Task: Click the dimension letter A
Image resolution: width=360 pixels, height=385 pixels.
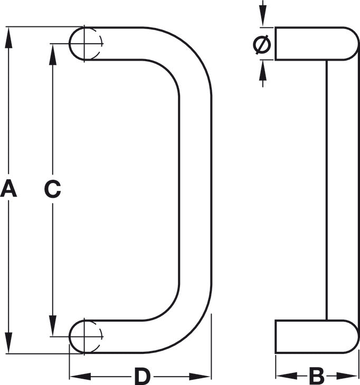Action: (8, 188)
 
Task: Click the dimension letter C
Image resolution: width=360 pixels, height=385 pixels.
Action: (53, 189)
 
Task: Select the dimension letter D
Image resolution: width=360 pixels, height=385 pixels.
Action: (143, 376)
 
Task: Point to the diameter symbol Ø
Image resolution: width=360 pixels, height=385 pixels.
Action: (262, 44)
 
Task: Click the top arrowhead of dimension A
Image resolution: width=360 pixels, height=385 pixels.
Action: (8, 37)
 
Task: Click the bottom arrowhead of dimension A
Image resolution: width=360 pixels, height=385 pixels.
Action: (8, 343)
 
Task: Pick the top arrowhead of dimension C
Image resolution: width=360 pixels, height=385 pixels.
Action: (53, 54)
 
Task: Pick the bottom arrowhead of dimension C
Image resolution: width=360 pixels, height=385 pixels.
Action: (53, 325)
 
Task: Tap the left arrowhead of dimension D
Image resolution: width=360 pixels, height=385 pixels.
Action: (80, 377)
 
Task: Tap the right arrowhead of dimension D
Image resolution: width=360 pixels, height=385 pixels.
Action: (200, 377)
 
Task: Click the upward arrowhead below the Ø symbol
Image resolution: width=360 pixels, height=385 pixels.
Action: (263, 71)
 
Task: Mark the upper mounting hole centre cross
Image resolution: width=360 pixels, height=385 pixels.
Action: (84, 44)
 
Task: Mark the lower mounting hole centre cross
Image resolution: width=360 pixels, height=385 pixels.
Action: (84, 336)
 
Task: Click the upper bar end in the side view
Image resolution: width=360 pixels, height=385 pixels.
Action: (317, 43)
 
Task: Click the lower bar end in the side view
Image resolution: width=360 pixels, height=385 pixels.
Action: (317, 336)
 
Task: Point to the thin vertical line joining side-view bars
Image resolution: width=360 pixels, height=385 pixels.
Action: (327, 190)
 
